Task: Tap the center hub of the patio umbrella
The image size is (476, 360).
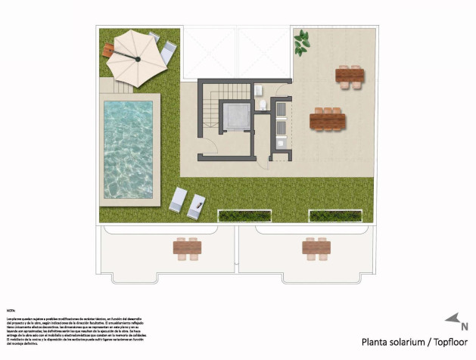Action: (138, 58)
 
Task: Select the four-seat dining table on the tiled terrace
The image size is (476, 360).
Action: (350, 77)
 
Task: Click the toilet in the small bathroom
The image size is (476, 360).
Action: (262, 104)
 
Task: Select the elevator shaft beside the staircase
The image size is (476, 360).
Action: (236, 117)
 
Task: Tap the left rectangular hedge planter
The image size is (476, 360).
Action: (235, 216)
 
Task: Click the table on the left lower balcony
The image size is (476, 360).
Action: (186, 247)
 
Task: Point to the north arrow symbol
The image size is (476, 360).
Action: (453, 318)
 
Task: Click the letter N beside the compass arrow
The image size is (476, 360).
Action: (464, 327)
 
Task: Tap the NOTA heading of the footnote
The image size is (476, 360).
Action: (11, 310)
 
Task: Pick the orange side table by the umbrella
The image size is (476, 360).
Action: (108, 49)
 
